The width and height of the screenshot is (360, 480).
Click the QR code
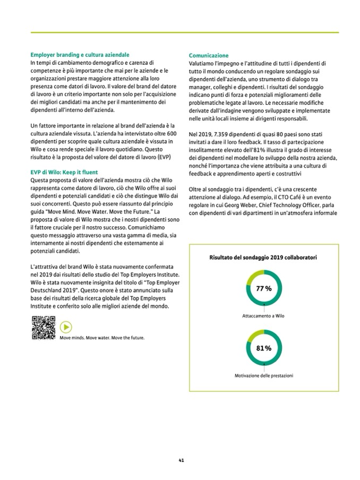coord(44,327)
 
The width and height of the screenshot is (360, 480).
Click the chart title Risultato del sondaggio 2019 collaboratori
coord(263,258)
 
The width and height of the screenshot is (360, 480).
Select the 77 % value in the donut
coord(264,289)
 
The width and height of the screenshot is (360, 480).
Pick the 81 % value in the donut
coord(264,348)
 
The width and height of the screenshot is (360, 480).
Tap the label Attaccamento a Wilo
coord(263,316)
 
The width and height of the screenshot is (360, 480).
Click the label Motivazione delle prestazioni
coord(264,375)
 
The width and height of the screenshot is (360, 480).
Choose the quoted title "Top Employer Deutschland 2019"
coord(127,287)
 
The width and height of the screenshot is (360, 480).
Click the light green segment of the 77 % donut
coord(253,277)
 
